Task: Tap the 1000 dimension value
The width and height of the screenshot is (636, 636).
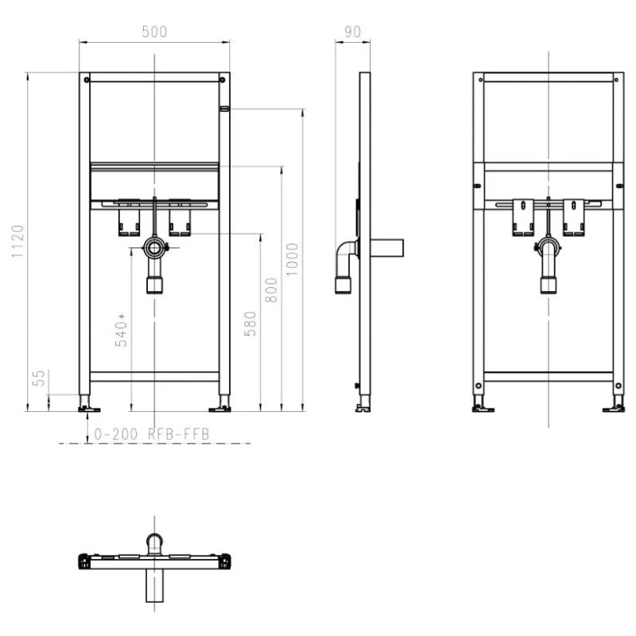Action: (293, 258)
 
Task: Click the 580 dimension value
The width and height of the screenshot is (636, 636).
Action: (250, 323)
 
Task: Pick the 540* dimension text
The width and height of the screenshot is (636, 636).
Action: (121, 330)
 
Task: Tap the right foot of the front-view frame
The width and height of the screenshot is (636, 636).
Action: (220, 408)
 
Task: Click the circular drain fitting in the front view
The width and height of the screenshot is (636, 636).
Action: (153, 249)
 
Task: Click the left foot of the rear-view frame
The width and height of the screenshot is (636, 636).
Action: (481, 408)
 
